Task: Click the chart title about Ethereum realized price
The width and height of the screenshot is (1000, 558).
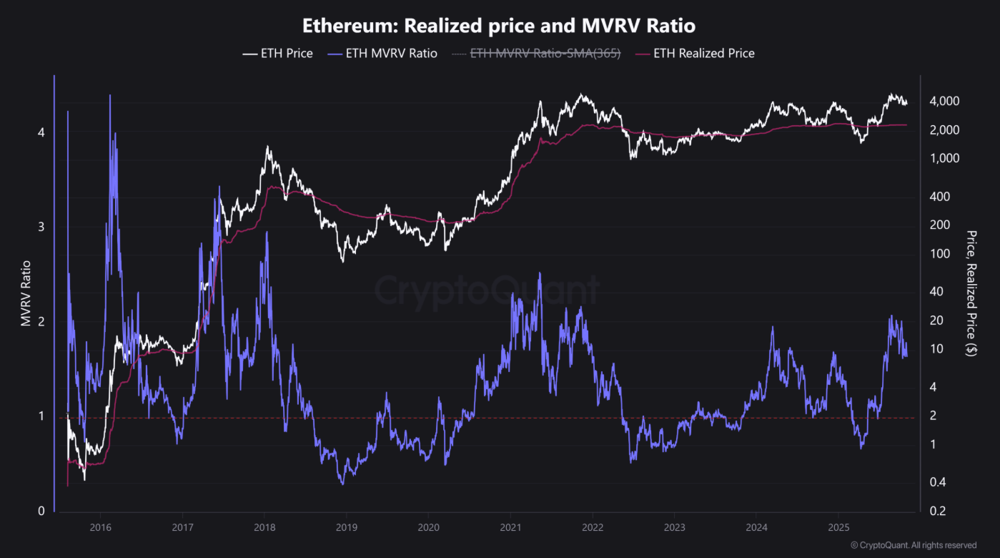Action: coord(499,26)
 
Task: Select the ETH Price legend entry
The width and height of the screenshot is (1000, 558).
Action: coord(278,53)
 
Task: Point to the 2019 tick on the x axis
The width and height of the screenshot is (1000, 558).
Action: coord(346,527)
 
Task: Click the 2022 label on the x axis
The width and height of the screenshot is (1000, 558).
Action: coord(592,527)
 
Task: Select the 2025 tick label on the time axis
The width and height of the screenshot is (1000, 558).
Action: coord(838,527)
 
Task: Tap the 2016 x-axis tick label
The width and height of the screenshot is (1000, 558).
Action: coord(100,527)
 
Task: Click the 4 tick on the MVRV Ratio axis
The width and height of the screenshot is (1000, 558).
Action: coord(41,132)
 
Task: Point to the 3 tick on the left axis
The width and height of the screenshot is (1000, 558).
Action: coord(41,227)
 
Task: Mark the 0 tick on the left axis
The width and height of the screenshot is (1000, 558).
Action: coord(41,511)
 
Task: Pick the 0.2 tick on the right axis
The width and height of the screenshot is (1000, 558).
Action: coord(939,511)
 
